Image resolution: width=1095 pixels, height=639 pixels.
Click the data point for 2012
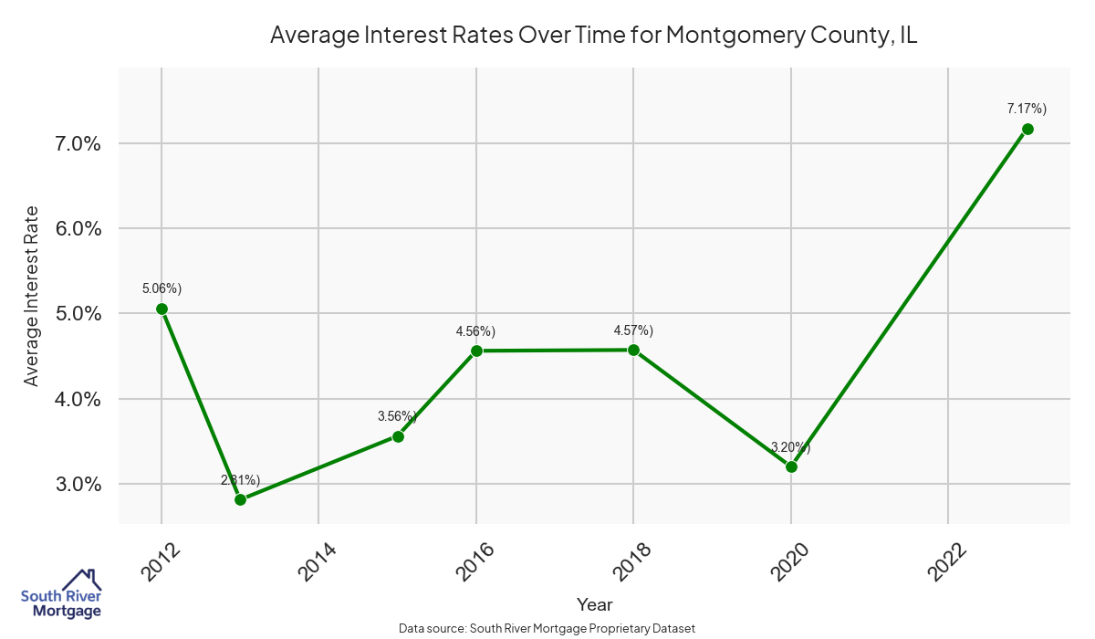pos(162,309)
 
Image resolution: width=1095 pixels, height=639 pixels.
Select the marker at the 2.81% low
pos(240,499)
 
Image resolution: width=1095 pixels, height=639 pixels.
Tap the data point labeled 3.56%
pos(398,436)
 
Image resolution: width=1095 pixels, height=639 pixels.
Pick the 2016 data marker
pos(476,351)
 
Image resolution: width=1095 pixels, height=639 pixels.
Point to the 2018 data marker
pos(633,350)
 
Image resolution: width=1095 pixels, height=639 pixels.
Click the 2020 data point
pos(791,466)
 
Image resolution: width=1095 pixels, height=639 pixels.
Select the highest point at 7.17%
pos(1027,129)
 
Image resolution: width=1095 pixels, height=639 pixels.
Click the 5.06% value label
pos(162,288)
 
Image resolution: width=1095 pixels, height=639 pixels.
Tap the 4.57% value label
pos(633,330)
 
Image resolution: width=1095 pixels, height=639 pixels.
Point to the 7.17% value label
pos(1027,109)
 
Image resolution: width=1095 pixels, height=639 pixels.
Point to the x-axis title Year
pos(594,604)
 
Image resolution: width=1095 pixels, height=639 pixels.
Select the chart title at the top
pos(593,36)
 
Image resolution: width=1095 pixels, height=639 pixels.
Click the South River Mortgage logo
pos(61,594)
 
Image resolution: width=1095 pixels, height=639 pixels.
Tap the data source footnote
pos(547,629)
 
